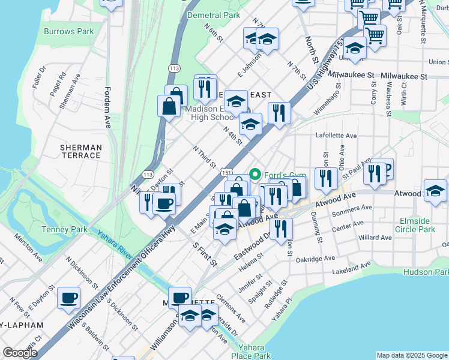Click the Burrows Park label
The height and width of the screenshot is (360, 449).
pyautogui.click(x=69, y=31)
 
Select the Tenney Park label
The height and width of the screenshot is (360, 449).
pyautogui.click(x=64, y=229)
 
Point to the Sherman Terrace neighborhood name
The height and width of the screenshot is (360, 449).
pyautogui.click(x=81, y=151)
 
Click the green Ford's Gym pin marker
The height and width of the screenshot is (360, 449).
pyautogui.click(x=254, y=175)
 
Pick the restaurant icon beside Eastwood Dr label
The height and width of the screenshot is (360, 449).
pyautogui.click(x=281, y=228)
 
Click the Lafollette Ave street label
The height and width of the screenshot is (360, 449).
pyautogui.click(x=336, y=136)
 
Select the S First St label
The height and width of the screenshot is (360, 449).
pyautogui.click(x=205, y=254)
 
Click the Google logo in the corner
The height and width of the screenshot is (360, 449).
pyautogui.click(x=20, y=353)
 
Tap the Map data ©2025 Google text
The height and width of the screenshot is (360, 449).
pyautogui.click(x=411, y=355)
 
